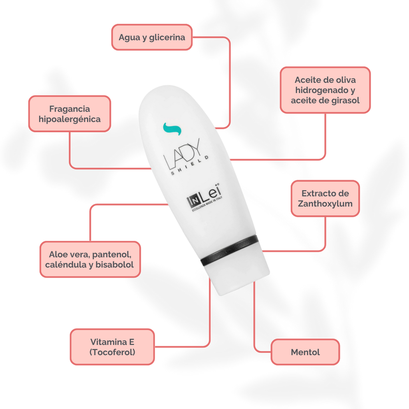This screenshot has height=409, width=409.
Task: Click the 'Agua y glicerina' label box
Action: tap(152, 37)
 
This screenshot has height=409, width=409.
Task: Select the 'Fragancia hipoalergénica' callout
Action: tap(69, 114)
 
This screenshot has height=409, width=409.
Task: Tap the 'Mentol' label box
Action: tap(305, 352)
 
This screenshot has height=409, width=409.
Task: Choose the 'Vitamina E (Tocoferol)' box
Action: tap(112, 347)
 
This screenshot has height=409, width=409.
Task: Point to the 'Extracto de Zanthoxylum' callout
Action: tap(325, 198)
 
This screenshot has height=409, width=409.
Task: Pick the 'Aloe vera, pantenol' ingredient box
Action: tap(90, 259)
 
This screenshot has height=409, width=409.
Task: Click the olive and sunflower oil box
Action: tap(325, 90)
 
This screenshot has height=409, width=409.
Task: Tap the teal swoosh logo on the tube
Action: tap(172, 129)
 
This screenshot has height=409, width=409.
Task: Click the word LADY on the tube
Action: tap(183, 154)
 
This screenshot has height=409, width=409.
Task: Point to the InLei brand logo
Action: tap(204, 197)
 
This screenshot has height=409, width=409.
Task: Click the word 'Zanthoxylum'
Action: tap(325, 204)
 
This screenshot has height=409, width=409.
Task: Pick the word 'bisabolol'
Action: tap(115, 264)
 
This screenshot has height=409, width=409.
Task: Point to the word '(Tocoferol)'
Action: tap(112, 352)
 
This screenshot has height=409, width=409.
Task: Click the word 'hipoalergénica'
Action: tap(69, 119)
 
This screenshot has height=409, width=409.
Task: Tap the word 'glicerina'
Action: tap(167, 38)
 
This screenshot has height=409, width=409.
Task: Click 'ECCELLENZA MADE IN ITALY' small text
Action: tap(207, 204)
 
